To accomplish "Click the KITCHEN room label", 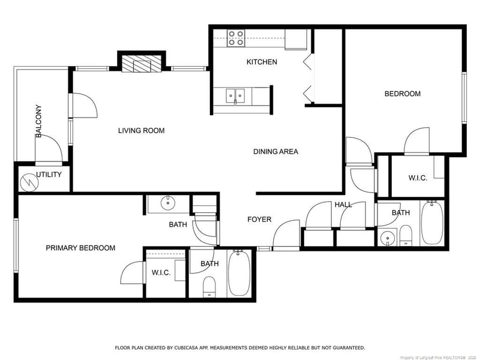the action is coord(262,62).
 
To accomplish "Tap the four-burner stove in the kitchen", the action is coord(236,38).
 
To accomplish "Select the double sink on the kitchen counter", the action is coord(235,96).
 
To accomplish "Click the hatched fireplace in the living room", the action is coord(142,64).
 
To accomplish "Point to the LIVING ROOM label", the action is coord(142,131).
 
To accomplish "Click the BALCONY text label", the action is coord(38,121).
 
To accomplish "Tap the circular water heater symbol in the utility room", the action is coord(29,183).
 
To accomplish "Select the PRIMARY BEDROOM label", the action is coord(80,248).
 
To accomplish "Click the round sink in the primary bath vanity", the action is coord(168,203).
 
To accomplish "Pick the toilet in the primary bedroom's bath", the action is coord(209,287).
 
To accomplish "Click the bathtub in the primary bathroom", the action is coord(239,273).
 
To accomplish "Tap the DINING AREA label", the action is coord(276,152).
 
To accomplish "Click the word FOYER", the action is coord(259,220).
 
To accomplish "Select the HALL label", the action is coord(343,205).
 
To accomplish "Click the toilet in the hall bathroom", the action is coord(406,235).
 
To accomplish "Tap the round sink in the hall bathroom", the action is coord(388,238).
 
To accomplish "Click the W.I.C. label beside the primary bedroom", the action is coord(161,272).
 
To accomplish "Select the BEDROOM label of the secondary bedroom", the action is coord(403,94).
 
